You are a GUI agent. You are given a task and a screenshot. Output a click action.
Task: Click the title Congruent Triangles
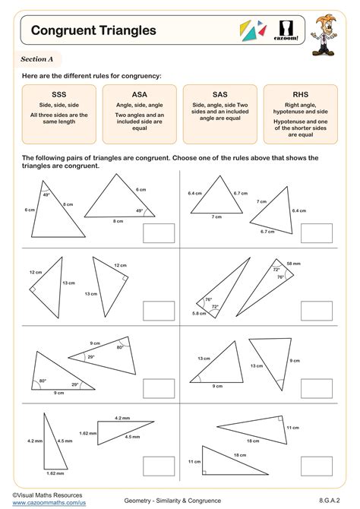click(93, 30)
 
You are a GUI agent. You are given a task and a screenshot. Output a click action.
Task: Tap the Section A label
click(36, 59)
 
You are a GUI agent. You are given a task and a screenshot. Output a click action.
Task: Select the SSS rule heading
click(58, 94)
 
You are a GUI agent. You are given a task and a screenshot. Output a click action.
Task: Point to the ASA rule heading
click(139, 94)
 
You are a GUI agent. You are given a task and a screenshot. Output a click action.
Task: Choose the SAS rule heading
click(219, 94)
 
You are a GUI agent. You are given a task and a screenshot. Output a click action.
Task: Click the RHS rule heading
click(300, 94)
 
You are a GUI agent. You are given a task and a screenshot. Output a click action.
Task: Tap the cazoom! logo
click(286, 31)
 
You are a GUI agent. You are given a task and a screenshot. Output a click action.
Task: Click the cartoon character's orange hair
click(325, 21)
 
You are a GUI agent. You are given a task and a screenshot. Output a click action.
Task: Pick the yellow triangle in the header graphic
click(245, 27)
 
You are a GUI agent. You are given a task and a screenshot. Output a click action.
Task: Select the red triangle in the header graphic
click(264, 31)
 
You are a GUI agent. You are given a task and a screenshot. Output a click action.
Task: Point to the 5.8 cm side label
click(199, 314)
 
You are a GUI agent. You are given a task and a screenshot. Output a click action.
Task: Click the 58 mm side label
click(293, 264)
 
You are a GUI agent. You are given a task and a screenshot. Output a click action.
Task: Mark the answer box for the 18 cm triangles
click(317, 466)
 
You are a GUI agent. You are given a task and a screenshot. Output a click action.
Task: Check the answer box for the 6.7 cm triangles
click(317, 233)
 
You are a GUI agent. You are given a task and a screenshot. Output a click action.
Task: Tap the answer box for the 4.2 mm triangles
click(159, 466)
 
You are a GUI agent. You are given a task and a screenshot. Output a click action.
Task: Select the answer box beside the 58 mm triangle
click(317, 311)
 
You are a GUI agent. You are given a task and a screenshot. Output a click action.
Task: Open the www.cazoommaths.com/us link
click(49, 503)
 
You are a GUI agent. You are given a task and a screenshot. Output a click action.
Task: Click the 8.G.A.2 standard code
click(329, 501)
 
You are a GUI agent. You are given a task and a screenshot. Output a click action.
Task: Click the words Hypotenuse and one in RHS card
click(300, 122)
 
